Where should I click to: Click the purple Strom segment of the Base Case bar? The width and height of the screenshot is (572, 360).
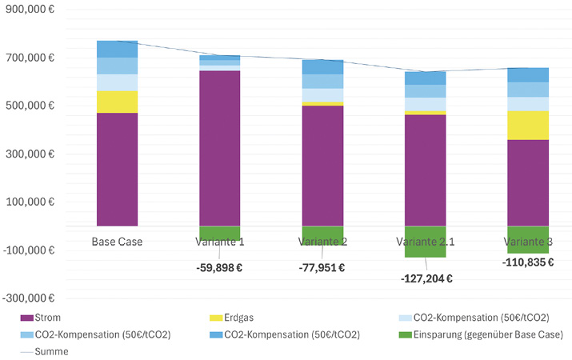[x=117, y=170]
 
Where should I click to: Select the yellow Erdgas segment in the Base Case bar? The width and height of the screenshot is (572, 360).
[x=117, y=102]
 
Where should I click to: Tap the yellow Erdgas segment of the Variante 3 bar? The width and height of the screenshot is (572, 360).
[x=527, y=126]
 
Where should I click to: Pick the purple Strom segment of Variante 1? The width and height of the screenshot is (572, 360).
[x=220, y=148]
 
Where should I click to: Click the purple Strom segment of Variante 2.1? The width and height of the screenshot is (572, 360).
[x=425, y=170]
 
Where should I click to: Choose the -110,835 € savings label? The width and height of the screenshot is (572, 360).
[x=528, y=262]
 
